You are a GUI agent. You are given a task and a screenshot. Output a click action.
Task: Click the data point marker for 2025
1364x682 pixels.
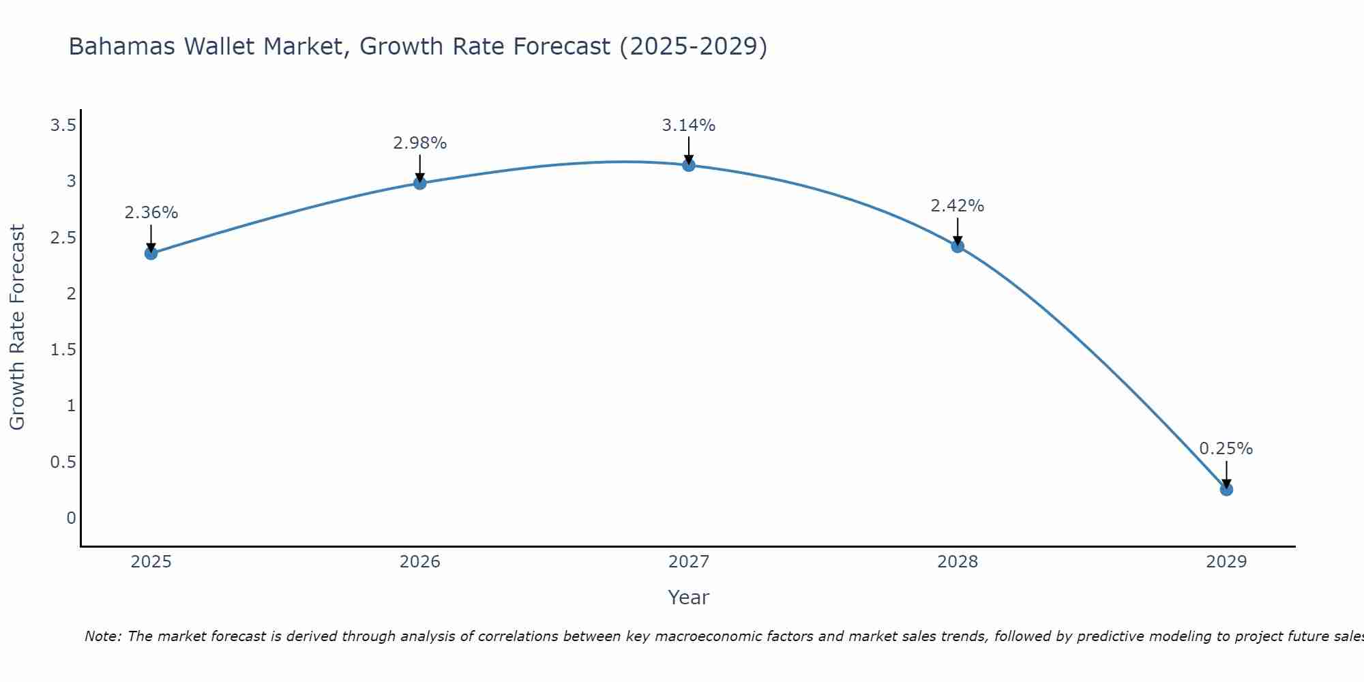[x=151, y=253]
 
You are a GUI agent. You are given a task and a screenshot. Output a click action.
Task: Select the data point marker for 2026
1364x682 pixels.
[x=419, y=183]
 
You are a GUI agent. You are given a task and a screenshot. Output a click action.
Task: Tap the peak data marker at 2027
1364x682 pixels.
[x=689, y=165]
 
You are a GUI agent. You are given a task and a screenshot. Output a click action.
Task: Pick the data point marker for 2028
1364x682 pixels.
[x=958, y=246]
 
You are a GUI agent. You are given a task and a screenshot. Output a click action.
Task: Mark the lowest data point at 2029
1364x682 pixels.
[x=1226, y=490]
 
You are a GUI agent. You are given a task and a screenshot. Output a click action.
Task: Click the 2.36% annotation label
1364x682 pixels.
[x=151, y=213]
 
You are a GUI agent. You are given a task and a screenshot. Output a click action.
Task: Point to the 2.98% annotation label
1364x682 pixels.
[x=419, y=143]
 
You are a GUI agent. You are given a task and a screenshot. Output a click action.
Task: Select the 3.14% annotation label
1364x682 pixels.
[x=689, y=125]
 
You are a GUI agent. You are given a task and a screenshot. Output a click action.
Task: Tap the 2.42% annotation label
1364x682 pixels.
[x=958, y=206]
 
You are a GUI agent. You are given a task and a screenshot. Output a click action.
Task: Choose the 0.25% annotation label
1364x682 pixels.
[x=1226, y=449]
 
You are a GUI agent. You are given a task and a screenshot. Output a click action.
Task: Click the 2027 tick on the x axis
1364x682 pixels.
[x=689, y=562]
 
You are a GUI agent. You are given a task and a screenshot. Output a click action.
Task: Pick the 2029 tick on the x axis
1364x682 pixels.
[x=1226, y=562]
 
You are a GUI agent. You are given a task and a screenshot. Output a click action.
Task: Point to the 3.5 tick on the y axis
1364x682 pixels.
[x=63, y=125]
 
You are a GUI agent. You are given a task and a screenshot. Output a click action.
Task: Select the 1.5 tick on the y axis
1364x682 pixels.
[x=63, y=350]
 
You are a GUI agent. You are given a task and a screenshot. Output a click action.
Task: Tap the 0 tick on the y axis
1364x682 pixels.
[x=71, y=518]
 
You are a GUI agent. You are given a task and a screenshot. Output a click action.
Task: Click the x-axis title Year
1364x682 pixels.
[x=689, y=597]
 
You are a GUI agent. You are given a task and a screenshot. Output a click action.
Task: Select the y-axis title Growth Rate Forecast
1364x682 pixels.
[x=17, y=327]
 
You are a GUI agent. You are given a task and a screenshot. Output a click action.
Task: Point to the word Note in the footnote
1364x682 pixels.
[x=102, y=636]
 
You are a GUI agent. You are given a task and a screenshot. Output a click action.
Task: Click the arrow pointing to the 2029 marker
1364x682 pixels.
[x=1226, y=473]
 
